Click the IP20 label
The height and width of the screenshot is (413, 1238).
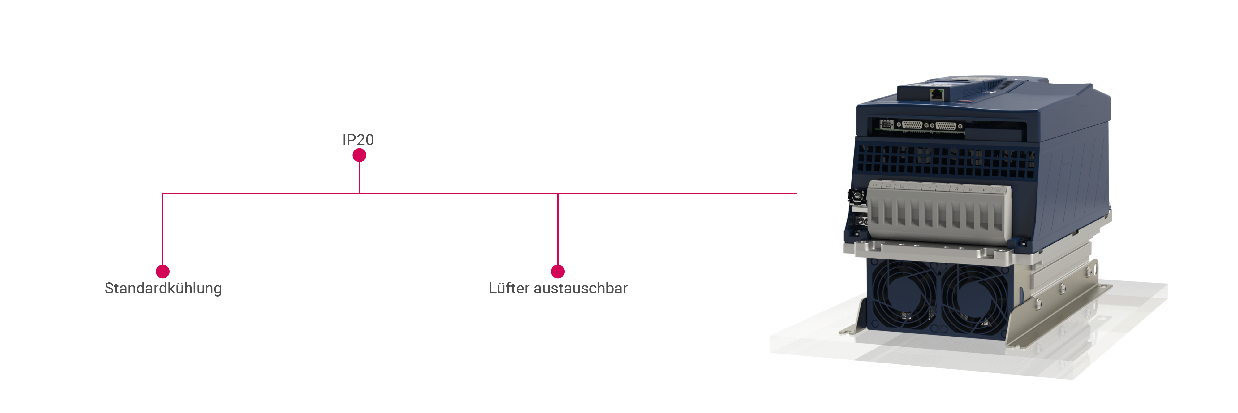point(358,140)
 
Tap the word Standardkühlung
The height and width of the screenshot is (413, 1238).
point(163,289)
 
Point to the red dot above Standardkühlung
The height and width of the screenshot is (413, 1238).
point(163,272)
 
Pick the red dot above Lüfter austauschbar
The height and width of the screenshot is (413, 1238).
point(558,272)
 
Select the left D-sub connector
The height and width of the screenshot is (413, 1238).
point(912,125)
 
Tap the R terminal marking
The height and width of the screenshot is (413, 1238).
point(957,189)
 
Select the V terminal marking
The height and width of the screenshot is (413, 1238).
point(984,190)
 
